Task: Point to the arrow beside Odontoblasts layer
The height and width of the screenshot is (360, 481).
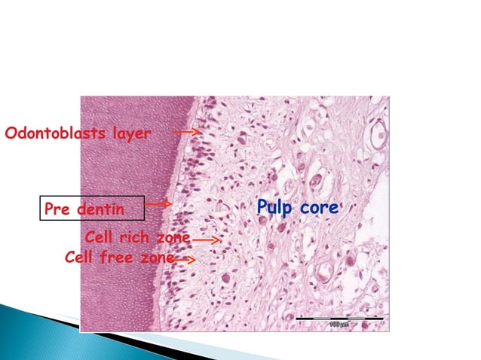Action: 185,132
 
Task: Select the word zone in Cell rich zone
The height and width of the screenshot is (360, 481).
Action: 173,239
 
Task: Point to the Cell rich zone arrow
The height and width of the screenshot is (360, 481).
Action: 205,240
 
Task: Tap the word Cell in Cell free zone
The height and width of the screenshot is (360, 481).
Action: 80,258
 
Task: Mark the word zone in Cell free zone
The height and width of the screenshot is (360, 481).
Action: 155,258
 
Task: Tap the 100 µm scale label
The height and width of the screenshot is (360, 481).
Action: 340,325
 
